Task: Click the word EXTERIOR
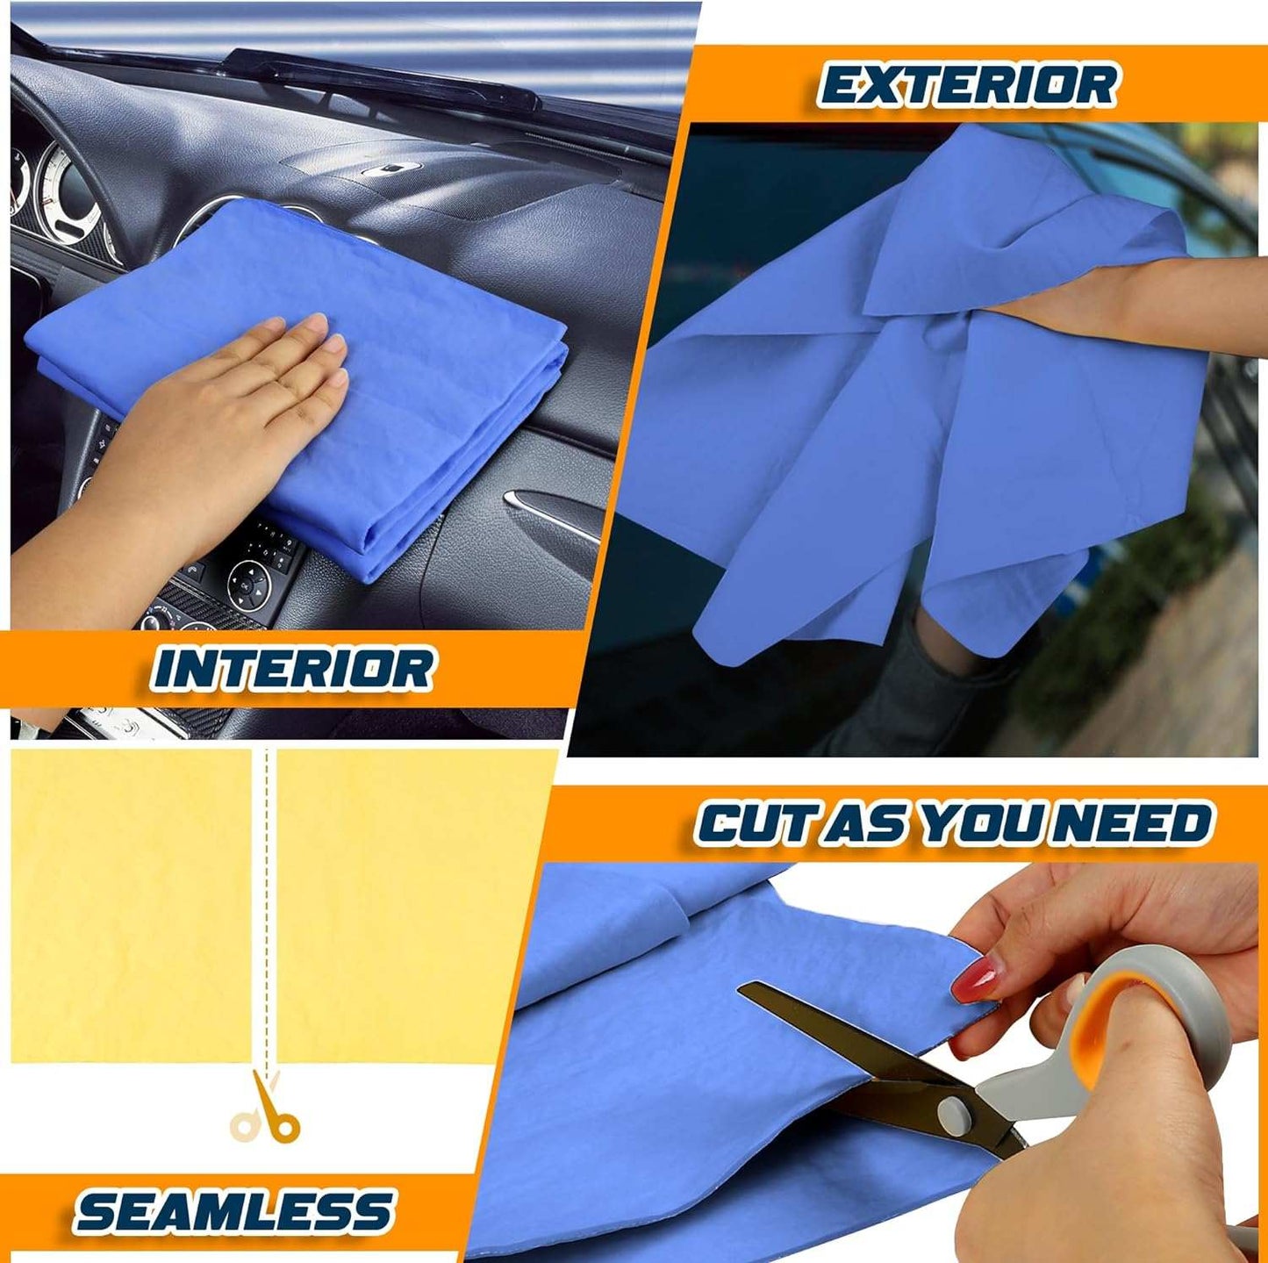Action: point(967,85)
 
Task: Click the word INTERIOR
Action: point(293,668)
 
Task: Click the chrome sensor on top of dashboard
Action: point(391,169)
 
